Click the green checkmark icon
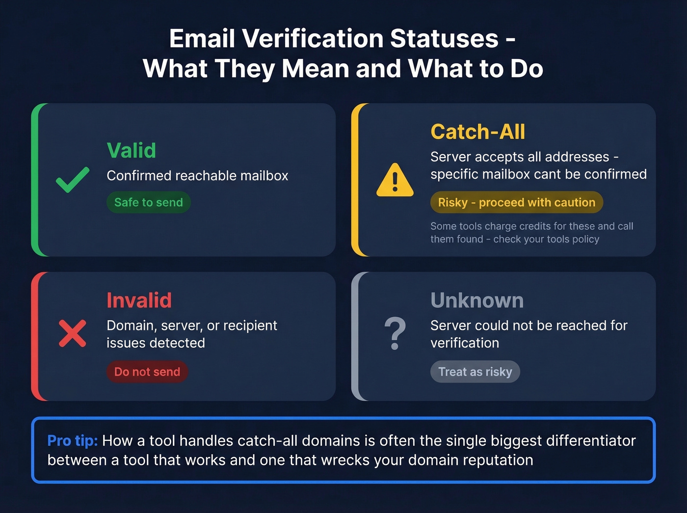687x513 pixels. [73, 180]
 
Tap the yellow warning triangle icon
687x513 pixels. [395, 181]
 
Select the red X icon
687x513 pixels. [73, 333]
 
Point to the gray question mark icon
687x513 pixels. [395, 333]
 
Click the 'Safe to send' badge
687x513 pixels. [148, 202]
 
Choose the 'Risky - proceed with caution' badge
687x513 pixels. [516, 202]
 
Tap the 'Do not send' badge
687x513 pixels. [147, 372]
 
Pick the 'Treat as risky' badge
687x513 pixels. [475, 372]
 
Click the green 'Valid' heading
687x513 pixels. [132, 150]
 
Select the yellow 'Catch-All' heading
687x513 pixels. [477, 132]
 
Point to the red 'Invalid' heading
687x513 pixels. [139, 300]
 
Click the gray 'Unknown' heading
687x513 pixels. [477, 300]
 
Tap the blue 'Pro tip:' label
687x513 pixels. [73, 441]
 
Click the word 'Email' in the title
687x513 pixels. [202, 39]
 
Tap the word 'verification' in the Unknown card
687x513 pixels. [465, 343]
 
